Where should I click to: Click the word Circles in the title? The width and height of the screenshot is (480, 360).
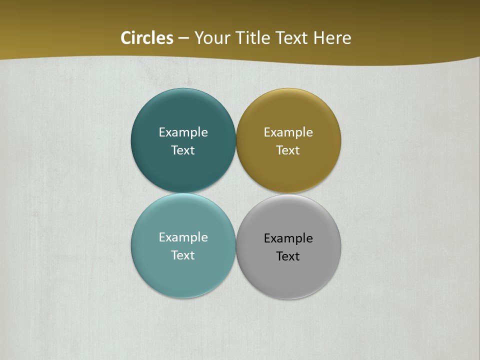pyautogui.click(x=147, y=38)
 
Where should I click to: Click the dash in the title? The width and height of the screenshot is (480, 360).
pyautogui.click(x=183, y=38)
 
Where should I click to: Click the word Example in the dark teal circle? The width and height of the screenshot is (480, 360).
pyautogui.click(x=183, y=132)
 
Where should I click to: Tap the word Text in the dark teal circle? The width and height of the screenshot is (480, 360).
pyautogui.click(x=183, y=150)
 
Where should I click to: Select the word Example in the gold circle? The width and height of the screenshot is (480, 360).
pyautogui.click(x=288, y=132)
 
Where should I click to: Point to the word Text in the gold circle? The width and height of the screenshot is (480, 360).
pyautogui.click(x=288, y=150)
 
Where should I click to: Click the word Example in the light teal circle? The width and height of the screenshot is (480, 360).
pyautogui.click(x=183, y=237)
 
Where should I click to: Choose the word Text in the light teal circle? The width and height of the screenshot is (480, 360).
pyautogui.click(x=183, y=255)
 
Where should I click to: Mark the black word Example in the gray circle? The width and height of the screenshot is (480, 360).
pyautogui.click(x=288, y=238)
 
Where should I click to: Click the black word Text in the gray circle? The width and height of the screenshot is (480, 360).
pyautogui.click(x=288, y=256)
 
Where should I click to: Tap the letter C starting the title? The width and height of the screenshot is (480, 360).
pyautogui.click(x=126, y=38)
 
